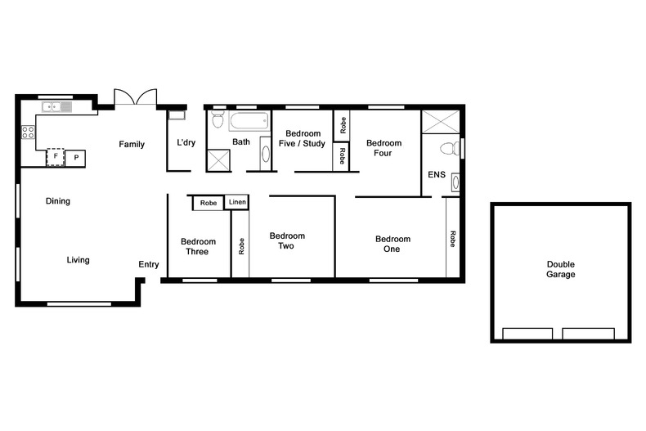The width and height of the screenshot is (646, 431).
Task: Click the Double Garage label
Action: [x=561, y=269]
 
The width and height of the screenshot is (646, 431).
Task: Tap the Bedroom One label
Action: [x=393, y=244]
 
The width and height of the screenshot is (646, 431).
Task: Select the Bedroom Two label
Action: [x=287, y=240]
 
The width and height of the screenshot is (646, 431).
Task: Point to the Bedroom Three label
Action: [x=198, y=246]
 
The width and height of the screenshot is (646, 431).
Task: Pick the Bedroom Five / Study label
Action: [x=305, y=138]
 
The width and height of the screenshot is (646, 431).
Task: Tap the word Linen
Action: [x=237, y=202]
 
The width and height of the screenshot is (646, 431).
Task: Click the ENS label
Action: [x=436, y=175]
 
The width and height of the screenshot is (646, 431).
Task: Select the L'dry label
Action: [x=186, y=143]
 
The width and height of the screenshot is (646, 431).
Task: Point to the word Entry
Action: [x=149, y=264]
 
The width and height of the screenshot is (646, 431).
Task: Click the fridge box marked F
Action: [x=56, y=156]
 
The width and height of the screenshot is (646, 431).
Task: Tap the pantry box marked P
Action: [x=76, y=157]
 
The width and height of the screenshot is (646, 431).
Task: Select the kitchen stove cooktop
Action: [x=28, y=131]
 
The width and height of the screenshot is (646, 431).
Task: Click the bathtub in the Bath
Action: [x=249, y=123]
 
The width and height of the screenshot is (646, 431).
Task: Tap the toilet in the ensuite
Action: [x=446, y=150]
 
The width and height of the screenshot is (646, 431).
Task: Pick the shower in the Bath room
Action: [x=218, y=160]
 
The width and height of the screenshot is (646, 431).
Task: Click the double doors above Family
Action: [x=135, y=97]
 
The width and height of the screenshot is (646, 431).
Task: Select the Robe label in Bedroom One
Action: [x=451, y=239]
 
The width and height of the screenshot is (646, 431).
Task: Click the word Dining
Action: [x=57, y=201]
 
